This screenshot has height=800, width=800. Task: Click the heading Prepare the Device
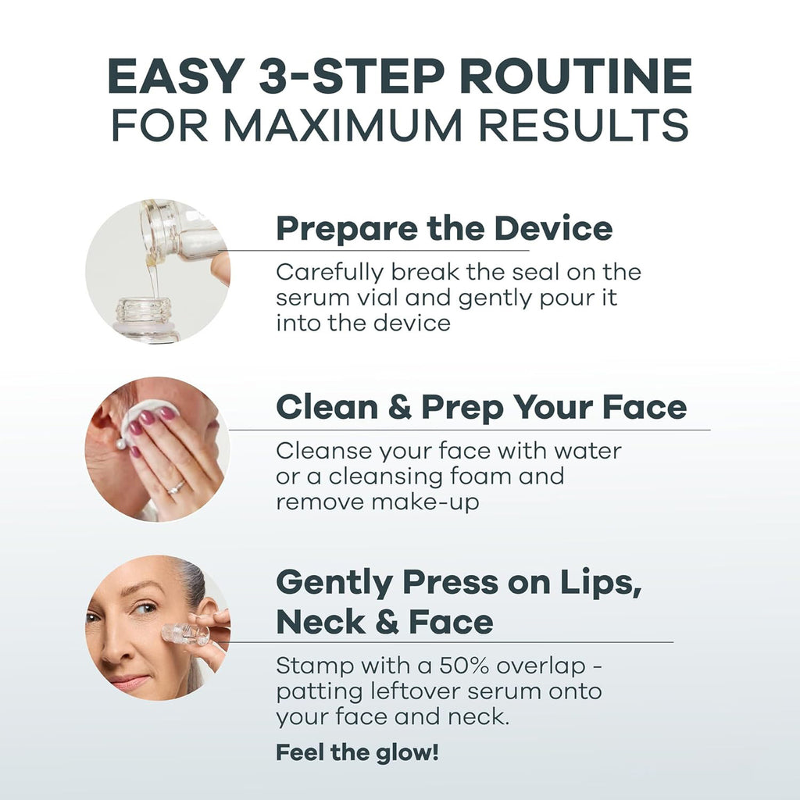pyautogui.click(x=444, y=229)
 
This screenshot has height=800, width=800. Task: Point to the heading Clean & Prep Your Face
pyautogui.click(x=481, y=407)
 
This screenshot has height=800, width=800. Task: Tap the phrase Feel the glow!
pyautogui.click(x=357, y=753)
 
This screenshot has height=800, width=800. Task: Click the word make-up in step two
pyautogui.click(x=425, y=502)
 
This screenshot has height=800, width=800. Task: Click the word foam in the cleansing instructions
pyautogui.click(x=529, y=476)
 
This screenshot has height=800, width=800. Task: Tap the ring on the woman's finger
pyautogui.click(x=177, y=487)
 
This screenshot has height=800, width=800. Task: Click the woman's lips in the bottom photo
pyautogui.click(x=129, y=681)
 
